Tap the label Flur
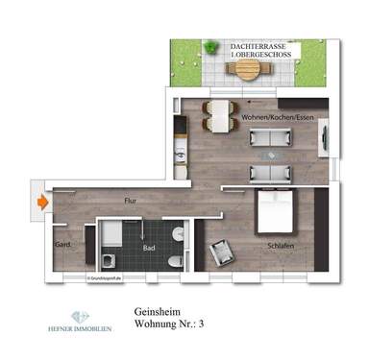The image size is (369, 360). (130, 201)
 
